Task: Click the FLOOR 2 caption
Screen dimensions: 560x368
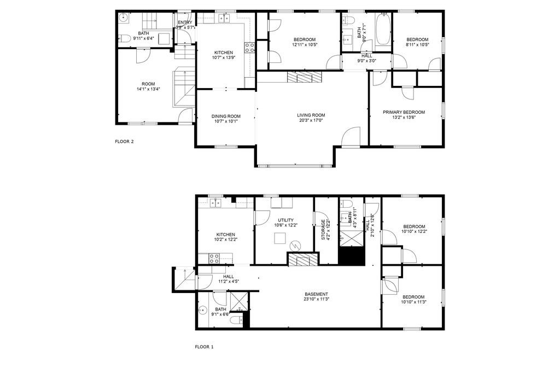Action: pos(124,141)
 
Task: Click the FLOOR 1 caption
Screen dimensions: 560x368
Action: pos(204,347)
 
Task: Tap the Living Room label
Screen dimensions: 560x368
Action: pos(311,115)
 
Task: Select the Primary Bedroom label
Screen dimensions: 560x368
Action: pos(404,112)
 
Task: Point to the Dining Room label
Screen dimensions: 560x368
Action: pos(226,116)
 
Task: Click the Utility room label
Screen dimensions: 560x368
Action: pos(285,220)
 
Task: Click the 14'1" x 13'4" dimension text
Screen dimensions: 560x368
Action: pos(148,89)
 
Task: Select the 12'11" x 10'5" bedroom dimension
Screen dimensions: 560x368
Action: pos(305,45)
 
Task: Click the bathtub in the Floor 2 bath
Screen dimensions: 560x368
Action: pos(383,30)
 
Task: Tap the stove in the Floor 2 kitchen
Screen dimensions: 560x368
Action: pos(249,48)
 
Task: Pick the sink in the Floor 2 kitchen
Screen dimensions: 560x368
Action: pos(224,18)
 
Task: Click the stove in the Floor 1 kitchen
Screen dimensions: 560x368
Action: pos(214,259)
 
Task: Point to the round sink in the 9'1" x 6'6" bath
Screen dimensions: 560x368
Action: pos(202,310)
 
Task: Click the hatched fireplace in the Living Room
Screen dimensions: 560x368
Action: pos(305,77)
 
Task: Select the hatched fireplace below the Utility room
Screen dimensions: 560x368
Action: pos(303,259)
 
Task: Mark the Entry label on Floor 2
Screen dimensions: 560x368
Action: pos(185,22)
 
